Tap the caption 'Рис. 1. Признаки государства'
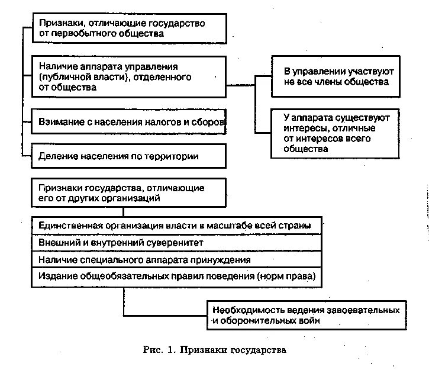pos(214,350)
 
